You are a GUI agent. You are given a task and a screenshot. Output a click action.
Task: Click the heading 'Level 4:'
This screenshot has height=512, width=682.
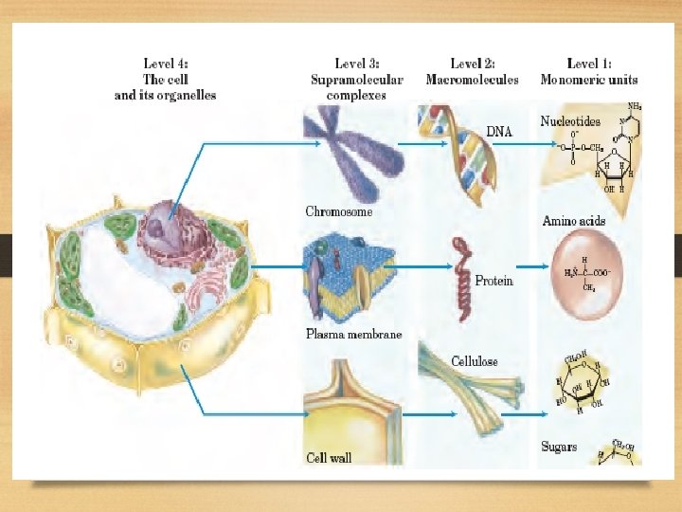165,64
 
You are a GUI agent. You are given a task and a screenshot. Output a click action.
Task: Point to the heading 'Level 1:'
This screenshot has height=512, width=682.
588,64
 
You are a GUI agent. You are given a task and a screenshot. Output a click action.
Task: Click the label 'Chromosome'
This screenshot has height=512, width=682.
338,212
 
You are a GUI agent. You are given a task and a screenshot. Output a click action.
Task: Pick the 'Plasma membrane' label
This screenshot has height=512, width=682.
353,335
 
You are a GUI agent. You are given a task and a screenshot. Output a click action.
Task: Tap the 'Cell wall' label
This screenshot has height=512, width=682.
329,458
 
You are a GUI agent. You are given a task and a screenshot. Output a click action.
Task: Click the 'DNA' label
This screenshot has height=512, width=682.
499,132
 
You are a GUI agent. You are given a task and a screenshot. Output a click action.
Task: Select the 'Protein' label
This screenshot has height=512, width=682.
494,281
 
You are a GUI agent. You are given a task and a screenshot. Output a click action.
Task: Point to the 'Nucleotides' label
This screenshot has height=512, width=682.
570,121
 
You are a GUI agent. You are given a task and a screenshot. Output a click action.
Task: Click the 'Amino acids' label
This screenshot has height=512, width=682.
573,221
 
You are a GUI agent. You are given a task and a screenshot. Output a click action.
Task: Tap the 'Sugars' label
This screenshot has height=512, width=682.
559,446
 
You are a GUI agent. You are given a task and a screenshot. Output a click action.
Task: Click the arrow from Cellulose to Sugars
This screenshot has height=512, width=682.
523,413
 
